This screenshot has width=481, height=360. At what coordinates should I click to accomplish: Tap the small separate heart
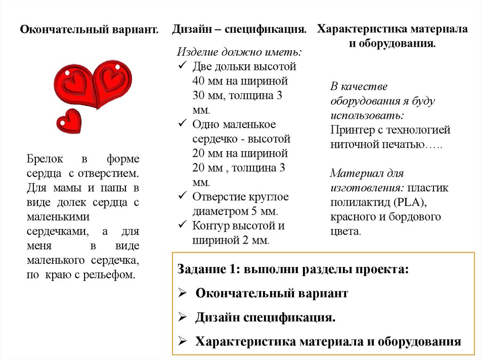pyautogui.click(x=69, y=121)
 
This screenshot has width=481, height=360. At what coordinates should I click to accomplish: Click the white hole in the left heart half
pyautogui.click(x=67, y=74)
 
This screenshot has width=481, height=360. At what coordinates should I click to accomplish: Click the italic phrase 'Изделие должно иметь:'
pyautogui.click(x=240, y=52)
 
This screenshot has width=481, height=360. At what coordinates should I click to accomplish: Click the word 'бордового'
pyautogui.click(x=418, y=217)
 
